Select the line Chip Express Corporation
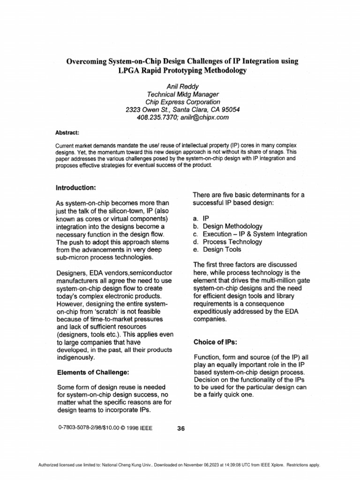pos(183,102)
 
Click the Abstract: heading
pos(67,133)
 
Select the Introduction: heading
pos(76,187)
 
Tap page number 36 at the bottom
pos(182,427)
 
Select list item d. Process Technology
pos(227,242)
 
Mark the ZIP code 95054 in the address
pos(230,110)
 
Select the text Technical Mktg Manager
pos(183,94)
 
